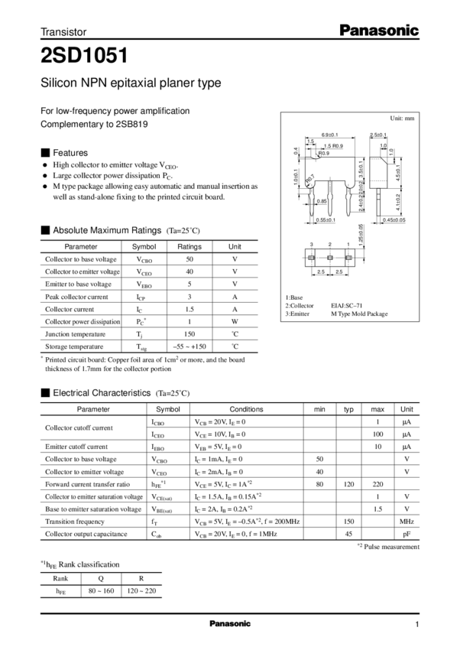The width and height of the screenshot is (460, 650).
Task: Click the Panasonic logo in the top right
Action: click(379, 31)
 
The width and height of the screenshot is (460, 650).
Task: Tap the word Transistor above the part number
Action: click(63, 31)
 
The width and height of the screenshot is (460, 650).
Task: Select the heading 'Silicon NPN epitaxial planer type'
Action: click(130, 83)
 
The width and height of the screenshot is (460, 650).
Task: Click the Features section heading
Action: click(70, 151)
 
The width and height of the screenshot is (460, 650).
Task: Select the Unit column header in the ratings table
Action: click(235, 245)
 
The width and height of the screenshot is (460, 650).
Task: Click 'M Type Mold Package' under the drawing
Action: click(359, 314)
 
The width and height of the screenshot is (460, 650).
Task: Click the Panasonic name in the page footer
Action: click(230, 624)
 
